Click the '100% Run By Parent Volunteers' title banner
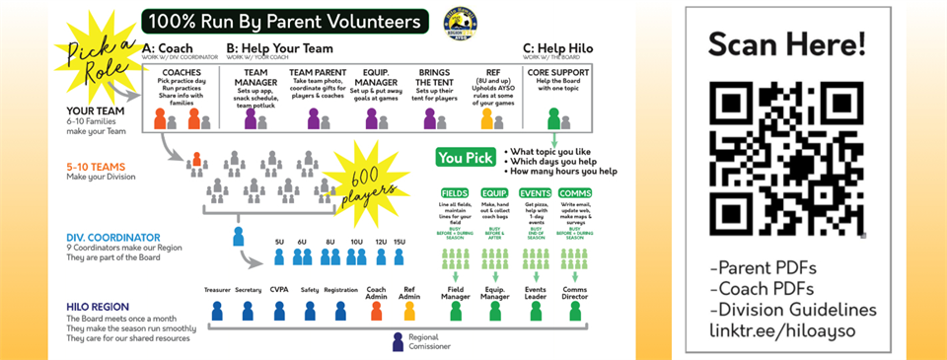click(x=285, y=21)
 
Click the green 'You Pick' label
click(x=465, y=157)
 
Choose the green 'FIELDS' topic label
click(x=455, y=193)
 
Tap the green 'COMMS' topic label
click(x=572, y=193)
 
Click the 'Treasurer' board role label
click(x=217, y=291)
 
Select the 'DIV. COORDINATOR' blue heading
click(x=111, y=237)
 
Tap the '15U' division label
click(x=399, y=241)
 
